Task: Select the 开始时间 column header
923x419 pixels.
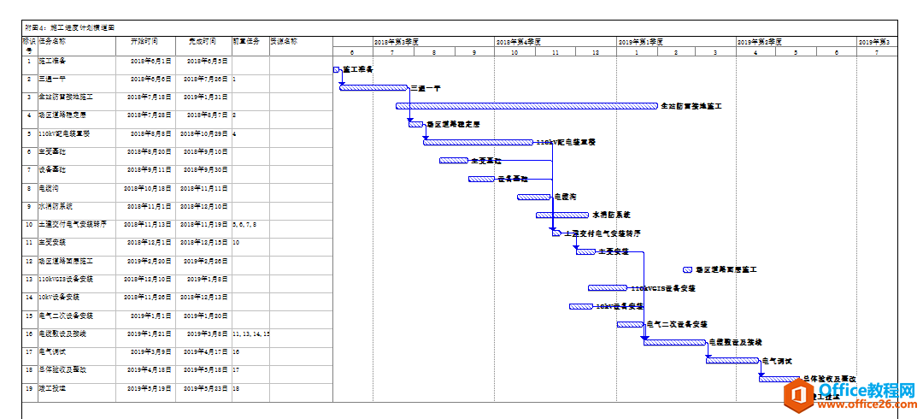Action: [x=144, y=41]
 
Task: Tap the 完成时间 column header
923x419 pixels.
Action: [x=203, y=41]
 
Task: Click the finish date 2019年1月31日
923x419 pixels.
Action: [x=203, y=97]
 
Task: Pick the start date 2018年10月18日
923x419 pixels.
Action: [x=148, y=188]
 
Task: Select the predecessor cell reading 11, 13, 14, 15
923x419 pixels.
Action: [x=250, y=333]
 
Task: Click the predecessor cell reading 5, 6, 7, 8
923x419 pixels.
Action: [x=244, y=224]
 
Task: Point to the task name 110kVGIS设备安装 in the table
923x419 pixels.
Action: [x=66, y=279]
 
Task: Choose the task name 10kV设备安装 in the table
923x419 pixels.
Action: [x=59, y=297]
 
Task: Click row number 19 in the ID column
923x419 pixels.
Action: [x=29, y=388]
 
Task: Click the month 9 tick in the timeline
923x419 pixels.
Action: [x=473, y=53]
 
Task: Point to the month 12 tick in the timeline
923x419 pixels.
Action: [x=595, y=53]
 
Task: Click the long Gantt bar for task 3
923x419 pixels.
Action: [x=526, y=106]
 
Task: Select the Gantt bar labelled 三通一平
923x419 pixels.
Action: [x=373, y=87]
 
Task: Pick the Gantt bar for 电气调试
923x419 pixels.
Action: [x=732, y=360]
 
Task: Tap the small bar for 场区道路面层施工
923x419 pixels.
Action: [x=688, y=269]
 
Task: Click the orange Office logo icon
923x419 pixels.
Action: [x=802, y=395]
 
